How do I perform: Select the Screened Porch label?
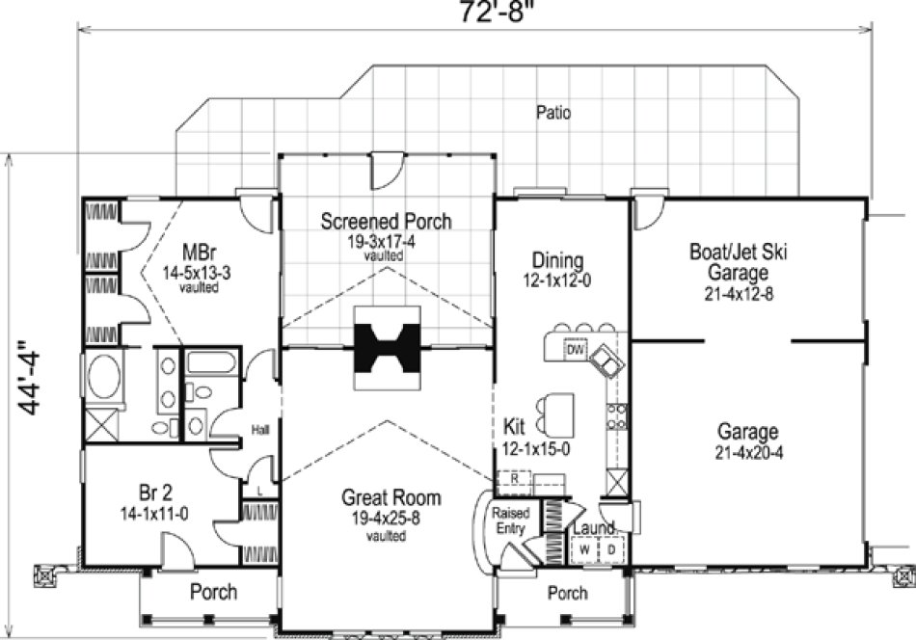pos(386,222)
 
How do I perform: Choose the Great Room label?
pos(391,498)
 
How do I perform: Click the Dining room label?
pos(557,260)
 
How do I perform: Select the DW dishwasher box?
pos(574,350)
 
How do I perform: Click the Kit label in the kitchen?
pos(514,425)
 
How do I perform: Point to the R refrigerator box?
pos(515,478)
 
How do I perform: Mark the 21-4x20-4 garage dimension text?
pos(748,452)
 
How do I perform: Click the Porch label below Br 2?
pos(213,591)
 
